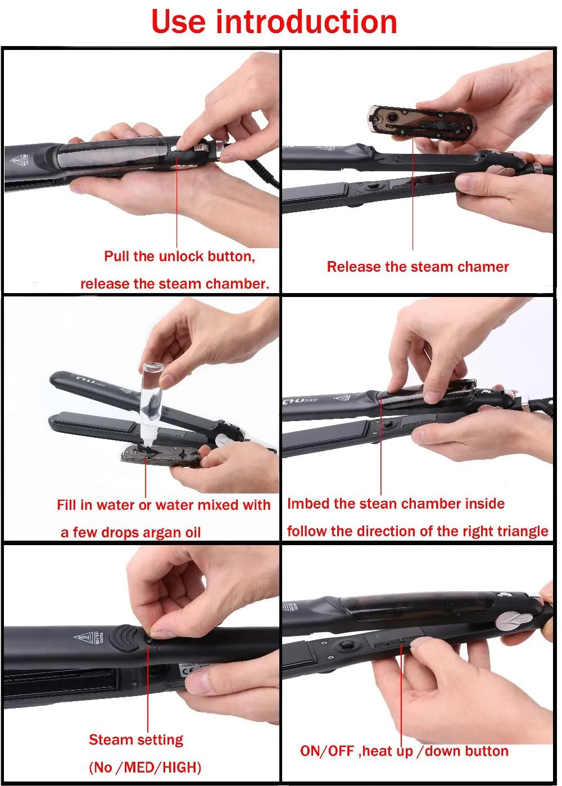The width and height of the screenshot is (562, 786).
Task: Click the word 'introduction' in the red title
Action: [x=306, y=22]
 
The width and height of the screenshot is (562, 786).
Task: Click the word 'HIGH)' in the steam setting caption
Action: [x=182, y=767]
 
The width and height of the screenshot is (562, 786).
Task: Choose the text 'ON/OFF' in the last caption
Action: [x=327, y=751]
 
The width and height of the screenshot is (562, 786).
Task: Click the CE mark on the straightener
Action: [x=186, y=671]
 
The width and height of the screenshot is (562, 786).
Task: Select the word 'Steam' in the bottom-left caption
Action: [x=111, y=740]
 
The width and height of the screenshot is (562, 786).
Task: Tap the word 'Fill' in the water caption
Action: [x=67, y=505]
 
